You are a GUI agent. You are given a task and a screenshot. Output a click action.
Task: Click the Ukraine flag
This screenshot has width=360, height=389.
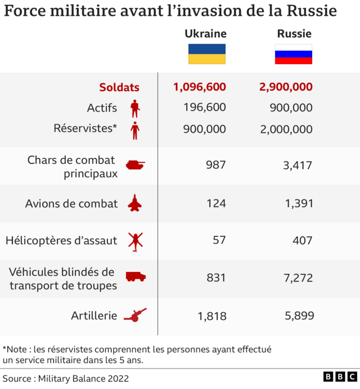pos(206,54)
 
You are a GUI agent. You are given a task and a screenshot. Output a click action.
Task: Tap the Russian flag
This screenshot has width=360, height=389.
pos(294,54)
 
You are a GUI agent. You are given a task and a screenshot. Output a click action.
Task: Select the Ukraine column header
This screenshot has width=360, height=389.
pos(206,34)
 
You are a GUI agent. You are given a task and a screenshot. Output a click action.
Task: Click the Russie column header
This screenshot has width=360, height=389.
pos(294,34)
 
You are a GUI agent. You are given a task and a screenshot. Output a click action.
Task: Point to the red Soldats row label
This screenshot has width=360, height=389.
pos(119,87)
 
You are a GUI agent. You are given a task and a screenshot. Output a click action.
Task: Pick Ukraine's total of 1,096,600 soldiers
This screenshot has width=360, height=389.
pos(200,87)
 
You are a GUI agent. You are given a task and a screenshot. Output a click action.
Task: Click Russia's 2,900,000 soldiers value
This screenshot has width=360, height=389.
pos(286,87)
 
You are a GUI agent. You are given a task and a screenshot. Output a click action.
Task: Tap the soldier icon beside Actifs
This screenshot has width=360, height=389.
pos(134,108)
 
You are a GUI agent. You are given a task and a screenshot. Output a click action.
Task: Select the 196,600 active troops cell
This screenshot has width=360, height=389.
pos(205,108)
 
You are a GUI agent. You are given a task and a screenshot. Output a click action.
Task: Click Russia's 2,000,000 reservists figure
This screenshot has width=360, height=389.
pos(286,129)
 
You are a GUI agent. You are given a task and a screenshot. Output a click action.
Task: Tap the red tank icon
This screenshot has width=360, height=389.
pos(135,165)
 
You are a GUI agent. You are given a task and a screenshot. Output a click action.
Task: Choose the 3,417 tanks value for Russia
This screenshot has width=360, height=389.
pos(299,165)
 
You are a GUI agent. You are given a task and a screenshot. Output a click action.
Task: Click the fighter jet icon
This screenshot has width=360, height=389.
pos(135,203)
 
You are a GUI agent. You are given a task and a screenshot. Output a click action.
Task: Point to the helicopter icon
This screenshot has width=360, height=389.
pos(135,241)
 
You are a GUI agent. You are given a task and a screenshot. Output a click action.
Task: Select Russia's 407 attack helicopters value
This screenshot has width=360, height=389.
pos(303,240)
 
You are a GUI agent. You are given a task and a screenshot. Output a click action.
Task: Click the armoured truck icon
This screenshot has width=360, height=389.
pos(136,277)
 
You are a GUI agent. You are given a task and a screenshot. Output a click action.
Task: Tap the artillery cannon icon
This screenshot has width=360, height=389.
pos(135,315)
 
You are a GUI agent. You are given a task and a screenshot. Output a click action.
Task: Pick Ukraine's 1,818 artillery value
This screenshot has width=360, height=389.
pos(212,316)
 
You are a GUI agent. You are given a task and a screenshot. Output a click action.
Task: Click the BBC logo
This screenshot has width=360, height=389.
pos(340,377)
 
